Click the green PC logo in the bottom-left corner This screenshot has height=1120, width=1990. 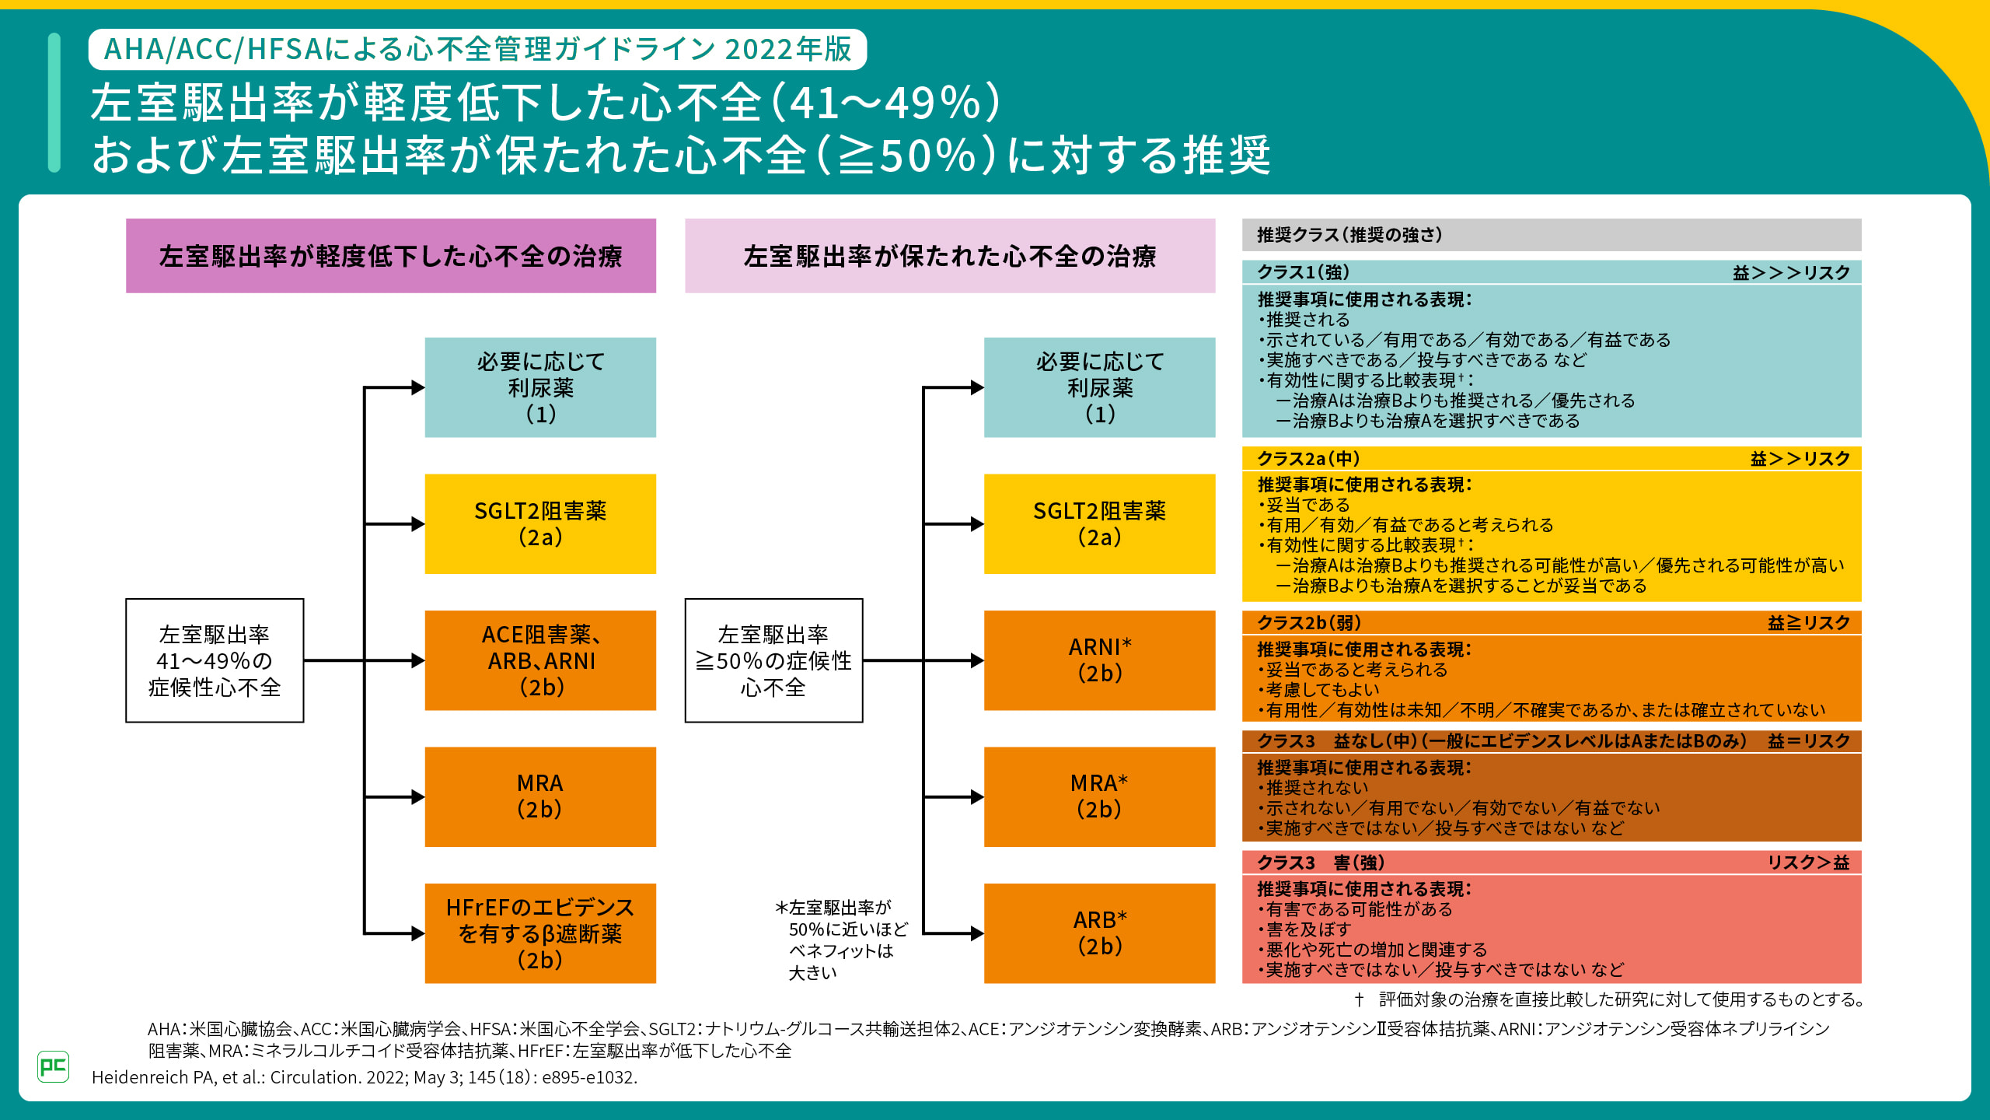(53, 1066)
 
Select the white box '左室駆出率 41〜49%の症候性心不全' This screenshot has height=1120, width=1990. (215, 660)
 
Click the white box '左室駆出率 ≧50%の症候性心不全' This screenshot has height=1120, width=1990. (773, 660)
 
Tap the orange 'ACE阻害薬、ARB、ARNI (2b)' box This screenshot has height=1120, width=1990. (540, 660)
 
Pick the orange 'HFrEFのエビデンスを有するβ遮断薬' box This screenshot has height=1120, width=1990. (540, 933)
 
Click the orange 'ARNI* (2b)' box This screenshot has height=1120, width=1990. (1099, 660)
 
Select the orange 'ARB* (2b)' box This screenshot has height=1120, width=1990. (1099, 933)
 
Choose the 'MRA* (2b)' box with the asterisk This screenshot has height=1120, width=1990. (1099, 796)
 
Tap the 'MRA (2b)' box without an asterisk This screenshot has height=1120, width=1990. (540, 796)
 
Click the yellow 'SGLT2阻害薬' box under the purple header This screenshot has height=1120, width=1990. (540, 523)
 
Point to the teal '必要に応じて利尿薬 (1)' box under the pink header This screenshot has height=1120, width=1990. (1099, 387)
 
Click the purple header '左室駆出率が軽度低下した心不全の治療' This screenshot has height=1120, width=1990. (391, 256)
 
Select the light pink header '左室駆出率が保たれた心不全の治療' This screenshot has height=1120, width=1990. (950, 256)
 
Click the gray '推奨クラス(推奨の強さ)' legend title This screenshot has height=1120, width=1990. (1349, 235)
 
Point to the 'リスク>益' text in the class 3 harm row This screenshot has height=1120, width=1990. (1808, 863)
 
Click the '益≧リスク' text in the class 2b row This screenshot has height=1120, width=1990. (1808, 623)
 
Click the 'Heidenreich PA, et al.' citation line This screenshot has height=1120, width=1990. (365, 1077)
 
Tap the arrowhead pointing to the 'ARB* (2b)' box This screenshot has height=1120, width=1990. (977, 933)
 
